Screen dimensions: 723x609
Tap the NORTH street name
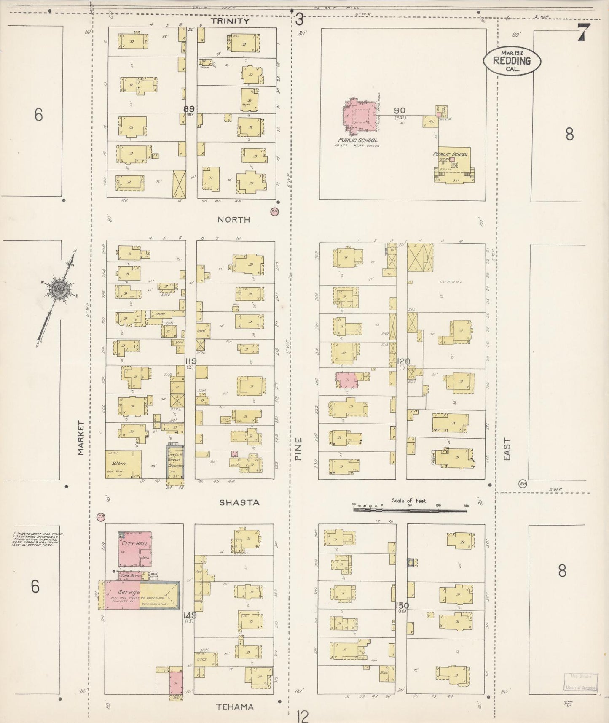[x=233, y=220]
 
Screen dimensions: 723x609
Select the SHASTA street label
[x=239, y=503]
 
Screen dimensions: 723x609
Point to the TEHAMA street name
[x=235, y=707]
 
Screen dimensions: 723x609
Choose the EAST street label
[x=507, y=449]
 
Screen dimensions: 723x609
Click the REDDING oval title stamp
[x=512, y=61]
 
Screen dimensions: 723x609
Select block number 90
[x=400, y=111]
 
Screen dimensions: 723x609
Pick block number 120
[x=403, y=361]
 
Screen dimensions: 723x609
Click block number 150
[x=402, y=606]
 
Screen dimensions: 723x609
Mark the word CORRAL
[x=448, y=282]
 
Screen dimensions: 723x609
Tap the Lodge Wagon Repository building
[x=175, y=462]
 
